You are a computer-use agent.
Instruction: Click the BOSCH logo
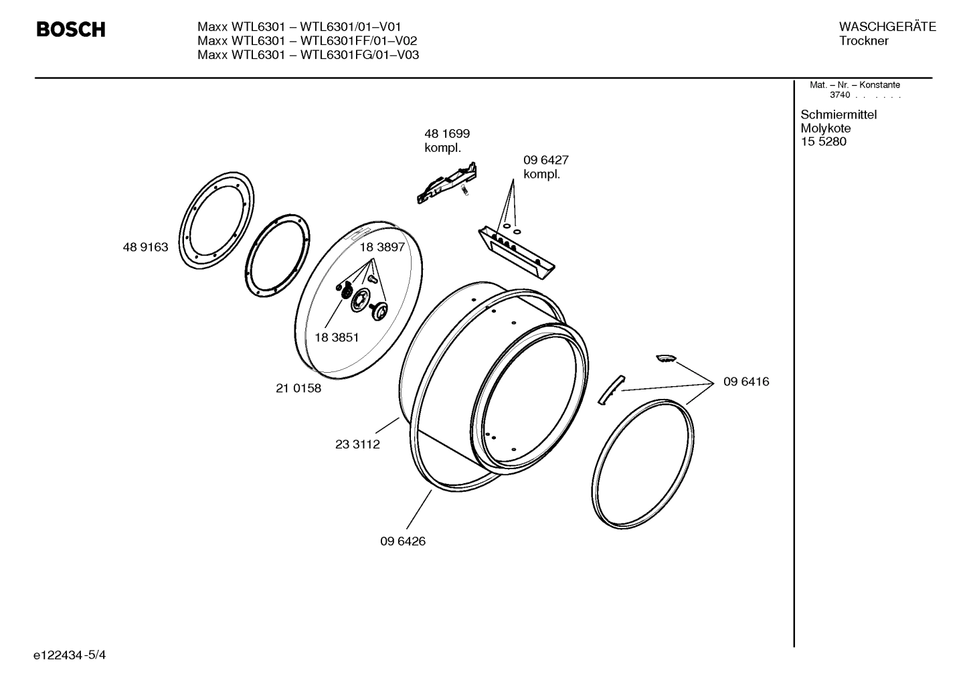tap(70, 30)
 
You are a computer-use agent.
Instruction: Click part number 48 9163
tap(145, 247)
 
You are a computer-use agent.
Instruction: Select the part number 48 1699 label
tap(446, 134)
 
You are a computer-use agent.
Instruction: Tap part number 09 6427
tap(545, 161)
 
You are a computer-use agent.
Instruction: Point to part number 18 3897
tap(382, 247)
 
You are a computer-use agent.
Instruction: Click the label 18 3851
tap(336, 337)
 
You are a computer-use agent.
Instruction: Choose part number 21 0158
tap(298, 388)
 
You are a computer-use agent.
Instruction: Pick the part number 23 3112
tap(357, 444)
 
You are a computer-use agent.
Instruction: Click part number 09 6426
tap(403, 541)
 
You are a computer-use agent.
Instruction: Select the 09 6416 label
tap(746, 381)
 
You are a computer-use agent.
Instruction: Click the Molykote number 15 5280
tap(823, 142)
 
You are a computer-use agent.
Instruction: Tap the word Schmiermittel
tap(839, 114)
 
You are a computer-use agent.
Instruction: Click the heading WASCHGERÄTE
tap(887, 27)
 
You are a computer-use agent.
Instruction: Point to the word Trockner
tap(864, 41)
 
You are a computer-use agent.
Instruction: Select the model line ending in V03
tap(308, 55)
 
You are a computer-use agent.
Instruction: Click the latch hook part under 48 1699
tap(447, 181)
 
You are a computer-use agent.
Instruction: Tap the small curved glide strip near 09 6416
tap(610, 390)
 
